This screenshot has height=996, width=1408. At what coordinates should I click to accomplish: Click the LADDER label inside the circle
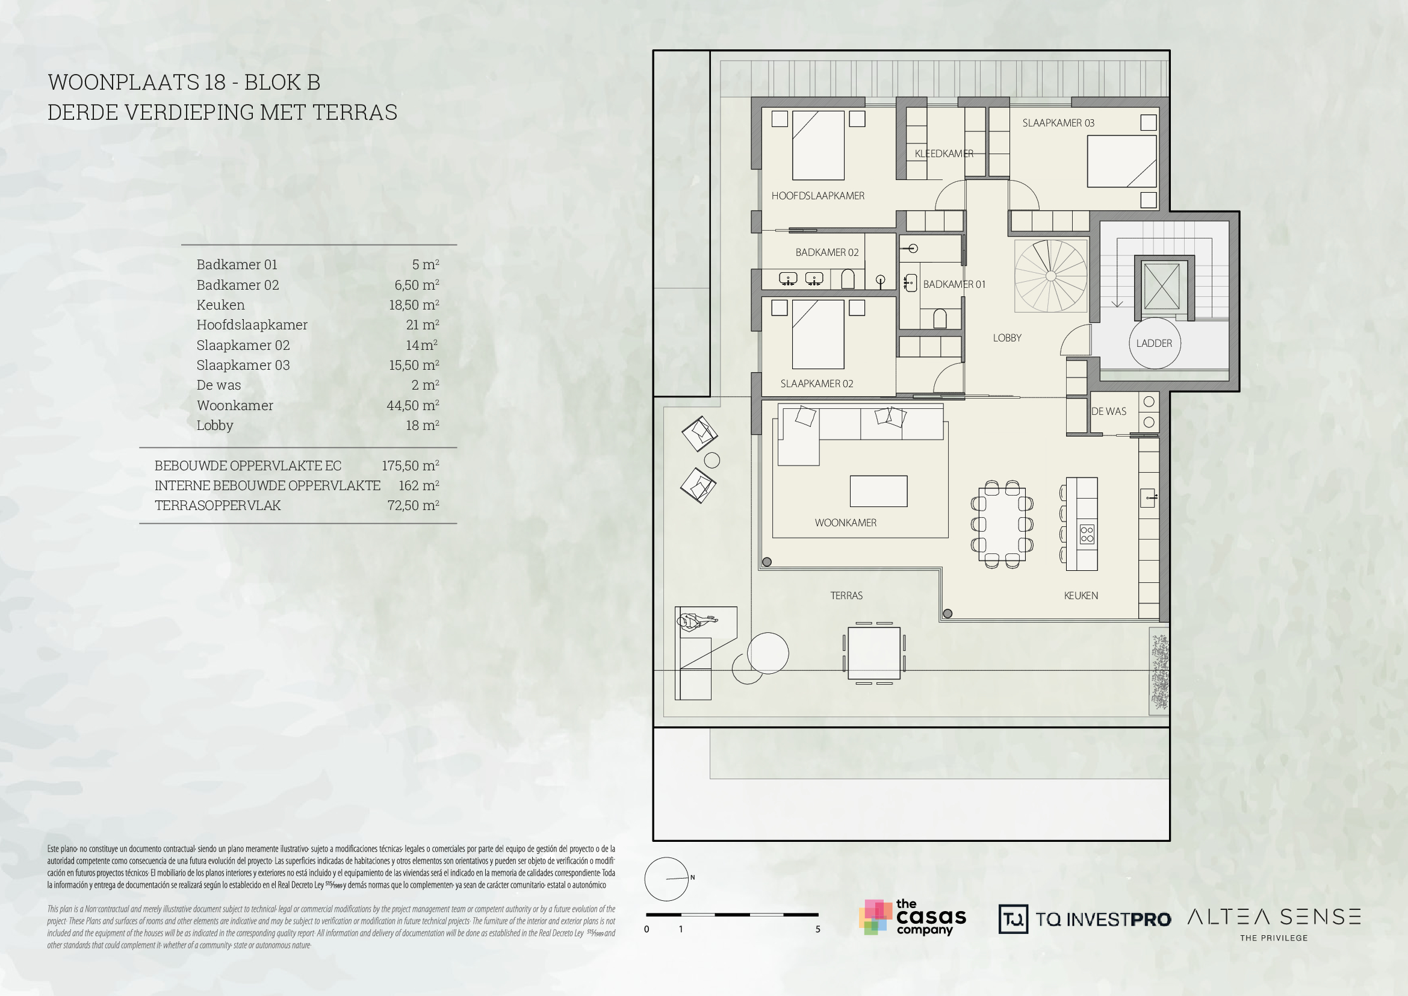click(1153, 343)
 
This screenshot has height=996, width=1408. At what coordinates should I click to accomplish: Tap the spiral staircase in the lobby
click(1050, 276)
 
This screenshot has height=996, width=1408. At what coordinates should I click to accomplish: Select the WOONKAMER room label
click(845, 523)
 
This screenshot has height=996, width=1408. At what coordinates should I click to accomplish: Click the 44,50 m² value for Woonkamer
click(413, 405)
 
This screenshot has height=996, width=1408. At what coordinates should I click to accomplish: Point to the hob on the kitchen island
click(1087, 534)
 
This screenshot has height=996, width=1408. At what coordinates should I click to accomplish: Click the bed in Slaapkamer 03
click(1121, 161)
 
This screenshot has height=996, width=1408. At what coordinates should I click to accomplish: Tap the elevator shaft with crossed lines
click(1161, 287)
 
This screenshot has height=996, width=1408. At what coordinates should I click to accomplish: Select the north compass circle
click(666, 879)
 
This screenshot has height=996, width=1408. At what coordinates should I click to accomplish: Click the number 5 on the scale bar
click(817, 929)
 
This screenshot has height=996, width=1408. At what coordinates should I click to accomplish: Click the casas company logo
click(913, 918)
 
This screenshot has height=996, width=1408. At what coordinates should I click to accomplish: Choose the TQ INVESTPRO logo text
click(1103, 920)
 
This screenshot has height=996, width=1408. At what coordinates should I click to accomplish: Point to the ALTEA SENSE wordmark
click(1274, 918)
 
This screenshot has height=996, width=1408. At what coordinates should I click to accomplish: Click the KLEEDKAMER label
click(944, 154)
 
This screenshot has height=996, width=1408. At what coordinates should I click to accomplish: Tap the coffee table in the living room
click(878, 491)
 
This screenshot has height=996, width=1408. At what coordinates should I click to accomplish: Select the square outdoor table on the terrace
click(874, 653)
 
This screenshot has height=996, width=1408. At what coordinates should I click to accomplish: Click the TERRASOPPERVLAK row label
click(218, 505)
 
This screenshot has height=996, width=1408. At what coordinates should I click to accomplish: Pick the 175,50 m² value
click(411, 465)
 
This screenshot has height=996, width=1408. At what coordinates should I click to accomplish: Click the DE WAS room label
click(1109, 411)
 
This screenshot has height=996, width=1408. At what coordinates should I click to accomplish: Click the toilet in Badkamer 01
click(940, 319)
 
